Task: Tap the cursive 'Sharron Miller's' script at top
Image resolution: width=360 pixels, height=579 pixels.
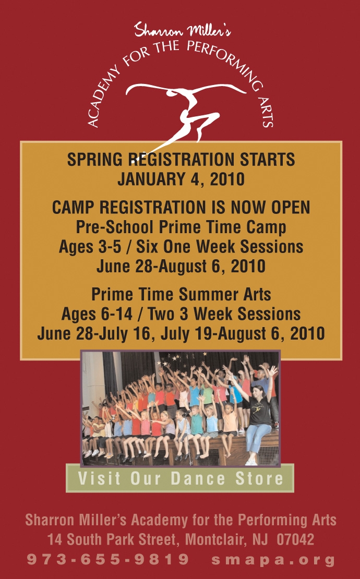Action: (x=183, y=30)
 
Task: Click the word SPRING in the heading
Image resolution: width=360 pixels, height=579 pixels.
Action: (x=94, y=160)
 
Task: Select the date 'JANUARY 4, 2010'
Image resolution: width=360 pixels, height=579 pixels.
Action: (x=181, y=179)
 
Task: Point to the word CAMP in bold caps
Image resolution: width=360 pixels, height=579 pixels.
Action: (x=73, y=208)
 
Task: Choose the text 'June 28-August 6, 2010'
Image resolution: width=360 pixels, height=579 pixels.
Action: (x=181, y=266)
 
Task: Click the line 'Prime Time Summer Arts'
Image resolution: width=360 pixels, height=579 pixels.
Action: (x=181, y=295)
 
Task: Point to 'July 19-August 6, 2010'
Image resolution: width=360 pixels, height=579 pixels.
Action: (x=243, y=333)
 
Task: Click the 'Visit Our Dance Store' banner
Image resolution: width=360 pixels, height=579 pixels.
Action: (x=180, y=478)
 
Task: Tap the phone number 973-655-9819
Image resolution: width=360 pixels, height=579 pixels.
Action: (x=108, y=559)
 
